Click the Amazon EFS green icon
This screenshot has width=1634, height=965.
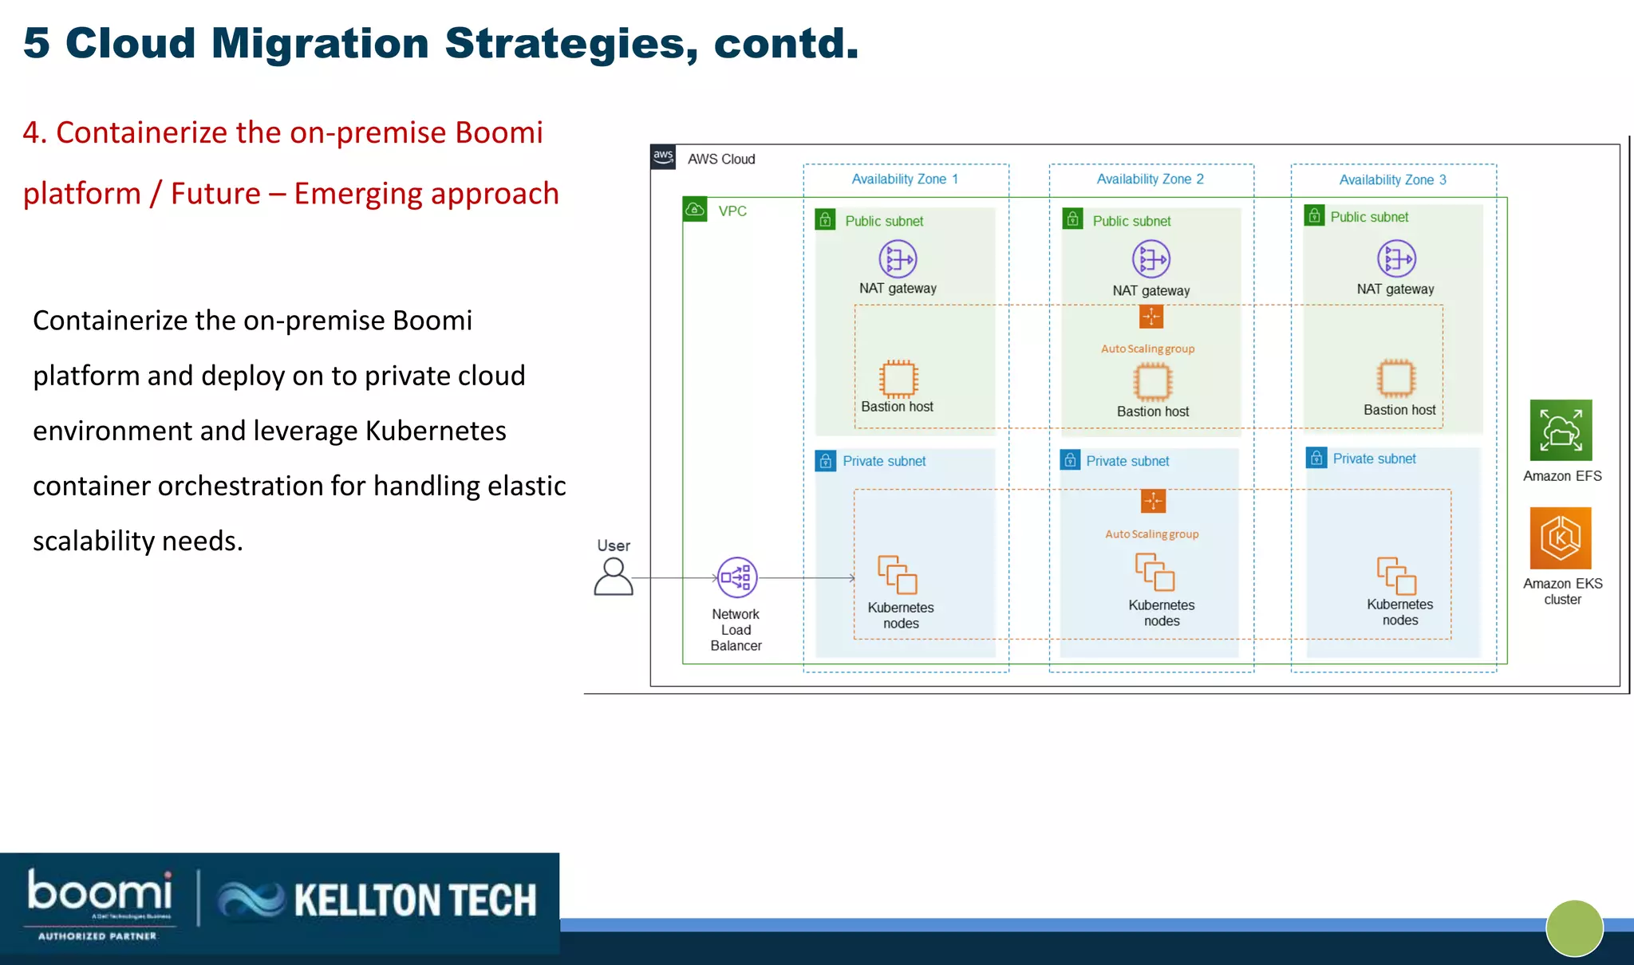1561,431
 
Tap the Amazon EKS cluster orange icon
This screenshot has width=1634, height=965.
1561,538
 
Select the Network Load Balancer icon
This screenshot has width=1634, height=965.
737,577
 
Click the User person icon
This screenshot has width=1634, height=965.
614,577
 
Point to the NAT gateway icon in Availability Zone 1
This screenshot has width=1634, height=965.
898,259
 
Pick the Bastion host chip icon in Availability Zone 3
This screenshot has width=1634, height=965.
1396,378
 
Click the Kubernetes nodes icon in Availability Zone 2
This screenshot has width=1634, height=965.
1154,572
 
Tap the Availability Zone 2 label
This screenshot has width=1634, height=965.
1150,179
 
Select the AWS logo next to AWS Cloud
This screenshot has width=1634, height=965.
663,156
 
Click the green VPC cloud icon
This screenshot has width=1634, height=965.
695,210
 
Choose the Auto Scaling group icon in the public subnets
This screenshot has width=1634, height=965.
1151,317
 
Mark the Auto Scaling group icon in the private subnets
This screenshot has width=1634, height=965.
1153,501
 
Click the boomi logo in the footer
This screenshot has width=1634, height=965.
100,893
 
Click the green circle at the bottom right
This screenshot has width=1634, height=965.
1574,928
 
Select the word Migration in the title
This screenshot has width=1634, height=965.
320,44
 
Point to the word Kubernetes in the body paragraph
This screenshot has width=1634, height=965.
436,431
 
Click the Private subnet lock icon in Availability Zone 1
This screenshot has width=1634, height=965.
825,461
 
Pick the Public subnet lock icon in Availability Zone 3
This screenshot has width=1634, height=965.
1314,216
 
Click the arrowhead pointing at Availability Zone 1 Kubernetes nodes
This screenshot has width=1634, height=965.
852,577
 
